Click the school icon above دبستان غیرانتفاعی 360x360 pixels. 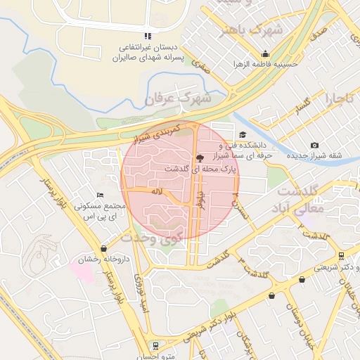(x=147, y=36)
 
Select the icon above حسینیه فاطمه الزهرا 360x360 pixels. (x=265, y=53)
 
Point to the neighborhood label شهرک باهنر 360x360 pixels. (x=251, y=31)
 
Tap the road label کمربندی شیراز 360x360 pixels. (x=158, y=131)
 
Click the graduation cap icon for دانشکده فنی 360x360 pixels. (x=243, y=135)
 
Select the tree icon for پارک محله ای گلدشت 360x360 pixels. (x=200, y=158)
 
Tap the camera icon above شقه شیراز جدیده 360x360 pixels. (x=314, y=146)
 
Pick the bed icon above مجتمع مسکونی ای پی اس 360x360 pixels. (x=100, y=195)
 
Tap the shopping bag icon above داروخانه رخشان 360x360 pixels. (x=105, y=248)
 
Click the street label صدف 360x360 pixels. (x=318, y=34)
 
